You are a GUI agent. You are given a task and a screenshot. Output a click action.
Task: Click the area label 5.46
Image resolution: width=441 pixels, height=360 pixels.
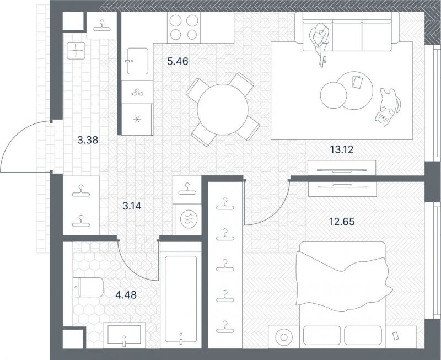click(x=178, y=61)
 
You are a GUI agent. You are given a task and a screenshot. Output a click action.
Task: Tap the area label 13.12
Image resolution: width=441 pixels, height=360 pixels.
click(x=341, y=149)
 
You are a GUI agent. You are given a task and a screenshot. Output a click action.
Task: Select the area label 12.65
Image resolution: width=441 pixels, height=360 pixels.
click(x=342, y=222)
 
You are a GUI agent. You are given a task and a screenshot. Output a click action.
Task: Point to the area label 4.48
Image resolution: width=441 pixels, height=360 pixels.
click(x=126, y=295)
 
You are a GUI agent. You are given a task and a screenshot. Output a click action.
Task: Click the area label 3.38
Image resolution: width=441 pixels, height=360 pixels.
click(x=88, y=140)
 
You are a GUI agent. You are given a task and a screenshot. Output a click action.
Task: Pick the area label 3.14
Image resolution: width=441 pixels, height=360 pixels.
click(x=132, y=206)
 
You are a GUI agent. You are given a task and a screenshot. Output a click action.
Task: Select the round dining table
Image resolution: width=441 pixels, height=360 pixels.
click(x=223, y=109)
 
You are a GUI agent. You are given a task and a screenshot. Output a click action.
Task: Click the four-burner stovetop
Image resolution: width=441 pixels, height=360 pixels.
click(x=184, y=27)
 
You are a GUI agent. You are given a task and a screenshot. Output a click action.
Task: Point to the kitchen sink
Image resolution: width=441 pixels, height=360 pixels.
click(x=137, y=61)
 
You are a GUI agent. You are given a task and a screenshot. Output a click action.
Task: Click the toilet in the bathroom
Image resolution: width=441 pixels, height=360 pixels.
click(x=88, y=287)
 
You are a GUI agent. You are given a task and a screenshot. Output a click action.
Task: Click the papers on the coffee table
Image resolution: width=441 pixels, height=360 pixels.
click(x=357, y=82)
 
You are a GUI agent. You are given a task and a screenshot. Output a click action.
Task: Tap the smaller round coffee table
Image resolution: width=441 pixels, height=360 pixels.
click(x=334, y=95)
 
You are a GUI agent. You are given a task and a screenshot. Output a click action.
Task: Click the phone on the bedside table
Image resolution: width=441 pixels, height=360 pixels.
click(x=396, y=336)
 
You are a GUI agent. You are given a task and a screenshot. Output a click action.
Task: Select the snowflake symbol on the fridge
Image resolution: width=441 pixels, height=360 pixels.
click(x=137, y=120)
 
